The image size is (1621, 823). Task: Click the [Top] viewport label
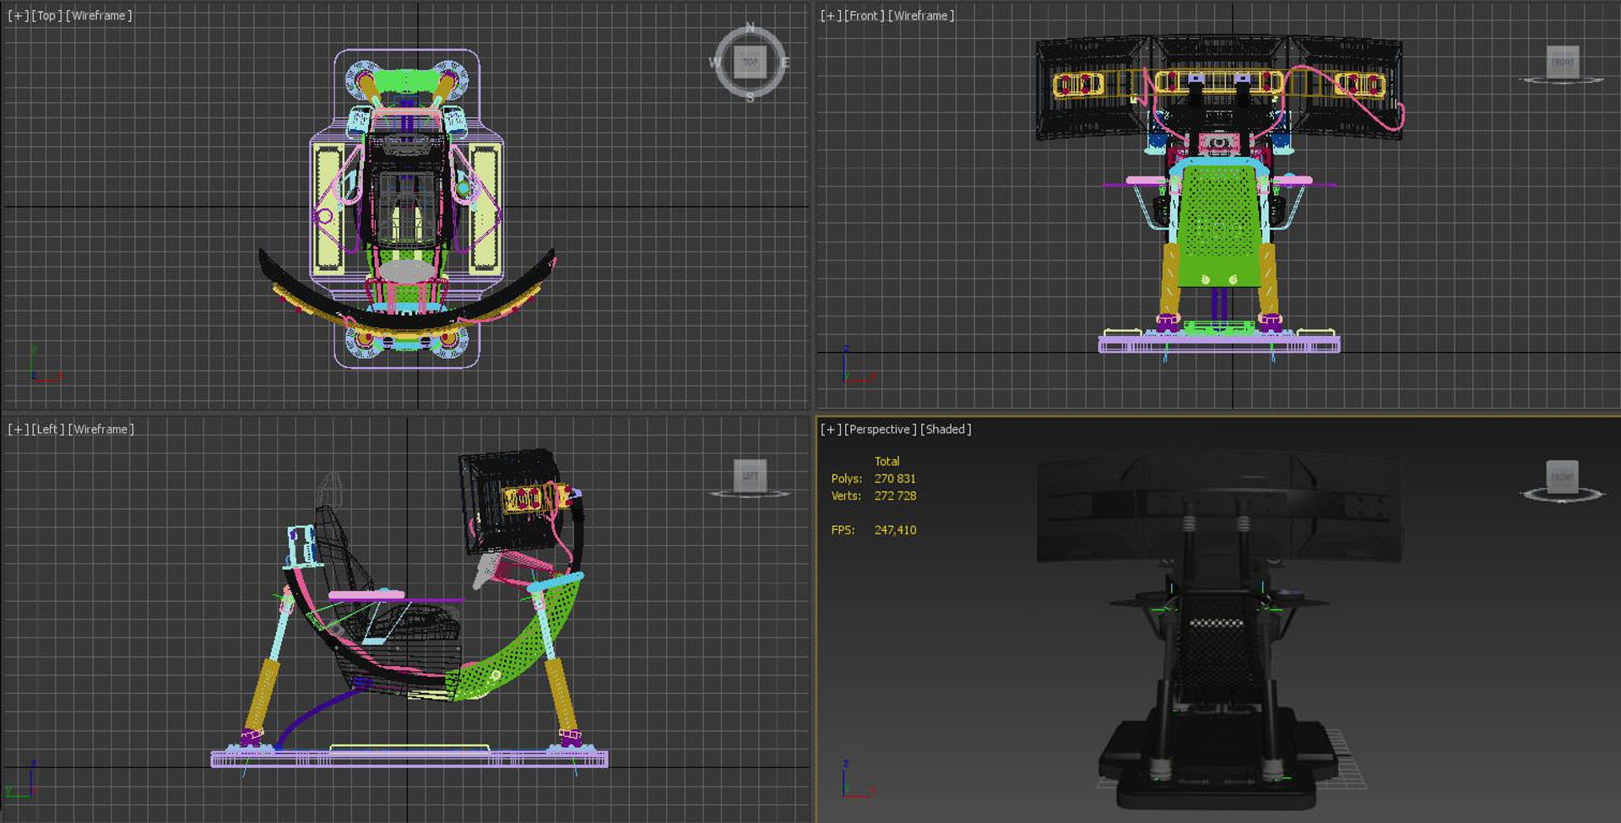[x=46, y=15]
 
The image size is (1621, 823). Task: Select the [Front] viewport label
[x=864, y=15]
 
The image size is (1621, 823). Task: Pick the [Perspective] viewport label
[x=880, y=429]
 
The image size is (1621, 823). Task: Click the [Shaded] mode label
[x=946, y=429]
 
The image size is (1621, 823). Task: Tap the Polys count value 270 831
[x=895, y=479]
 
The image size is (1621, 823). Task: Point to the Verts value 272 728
[x=895, y=495]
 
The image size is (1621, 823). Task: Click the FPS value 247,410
[x=895, y=530]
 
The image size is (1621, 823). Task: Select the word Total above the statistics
[x=886, y=461]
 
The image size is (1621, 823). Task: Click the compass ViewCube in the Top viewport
[x=750, y=62]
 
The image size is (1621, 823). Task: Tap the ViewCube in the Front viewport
[x=1562, y=62]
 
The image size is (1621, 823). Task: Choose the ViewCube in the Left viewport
[x=750, y=476]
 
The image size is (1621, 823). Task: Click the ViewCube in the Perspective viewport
[x=1562, y=477]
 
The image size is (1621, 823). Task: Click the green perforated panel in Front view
[x=1217, y=224]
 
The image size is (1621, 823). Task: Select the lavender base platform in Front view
[x=1218, y=344]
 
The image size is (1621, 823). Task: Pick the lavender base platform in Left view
[x=409, y=760]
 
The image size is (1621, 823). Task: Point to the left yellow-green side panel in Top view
[x=328, y=209]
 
